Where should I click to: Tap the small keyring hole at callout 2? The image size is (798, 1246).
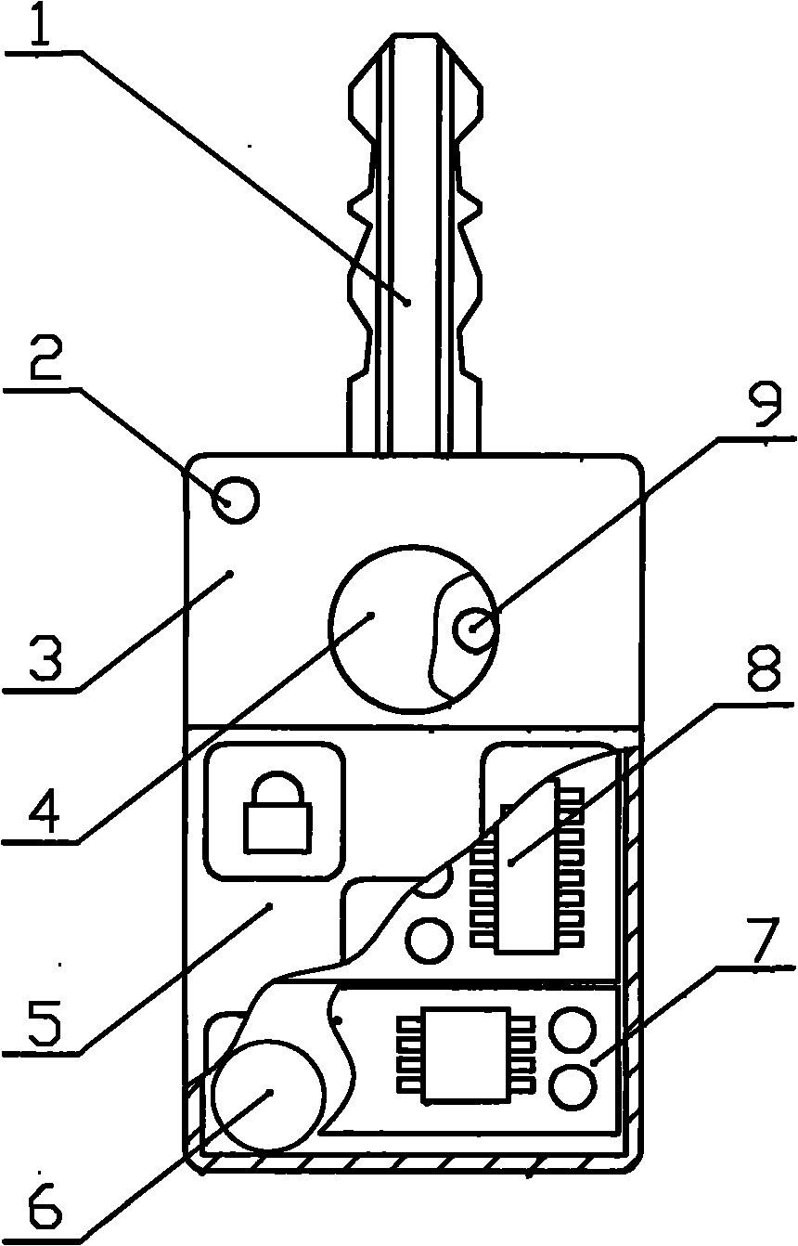click(236, 501)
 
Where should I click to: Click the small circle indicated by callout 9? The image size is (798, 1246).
click(475, 630)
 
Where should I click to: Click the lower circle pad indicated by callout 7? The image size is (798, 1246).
click(573, 1085)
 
